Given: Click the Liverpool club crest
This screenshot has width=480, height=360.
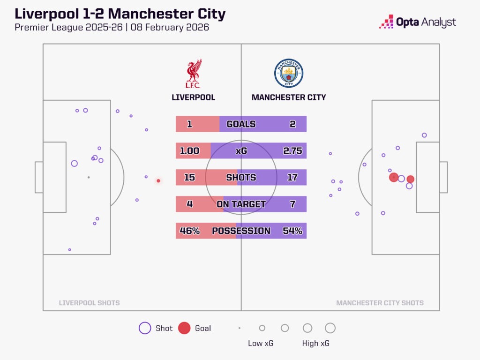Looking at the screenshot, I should tap(193, 74).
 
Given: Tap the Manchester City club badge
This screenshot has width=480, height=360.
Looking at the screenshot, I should tap(289, 74).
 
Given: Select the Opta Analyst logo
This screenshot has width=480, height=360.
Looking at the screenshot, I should tap(418, 22).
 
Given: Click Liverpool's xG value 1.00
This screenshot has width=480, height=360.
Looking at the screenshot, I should tap(189, 151).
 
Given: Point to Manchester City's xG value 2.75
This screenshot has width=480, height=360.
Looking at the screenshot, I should tap(292, 151).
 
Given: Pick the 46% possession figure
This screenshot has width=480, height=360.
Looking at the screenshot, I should tap(189, 231).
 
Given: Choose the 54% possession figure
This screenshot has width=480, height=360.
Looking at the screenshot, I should tap(292, 231).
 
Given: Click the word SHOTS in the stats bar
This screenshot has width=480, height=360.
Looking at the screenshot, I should tap(241, 178).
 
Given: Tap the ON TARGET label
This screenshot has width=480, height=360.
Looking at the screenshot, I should tap(241, 204).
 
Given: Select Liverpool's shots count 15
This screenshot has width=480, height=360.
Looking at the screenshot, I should tap(189, 178).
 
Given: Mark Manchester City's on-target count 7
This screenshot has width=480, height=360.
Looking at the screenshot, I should tap(292, 204).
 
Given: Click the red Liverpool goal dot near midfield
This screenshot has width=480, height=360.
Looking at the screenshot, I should tap(158, 180).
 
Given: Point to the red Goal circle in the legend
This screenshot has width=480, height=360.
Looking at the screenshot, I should tap(184, 328).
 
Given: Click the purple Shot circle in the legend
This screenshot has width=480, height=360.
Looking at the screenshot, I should tap(145, 328).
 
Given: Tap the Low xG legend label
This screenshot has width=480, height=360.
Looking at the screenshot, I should tap(261, 344).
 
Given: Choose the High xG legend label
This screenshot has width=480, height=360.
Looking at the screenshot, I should tap(316, 344).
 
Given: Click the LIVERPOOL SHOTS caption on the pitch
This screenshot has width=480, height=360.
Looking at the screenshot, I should tap(89, 303).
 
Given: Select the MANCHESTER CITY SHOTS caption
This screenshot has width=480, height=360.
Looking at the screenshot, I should tap(380, 303).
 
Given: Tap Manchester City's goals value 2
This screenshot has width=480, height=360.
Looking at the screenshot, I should tap(292, 124).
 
